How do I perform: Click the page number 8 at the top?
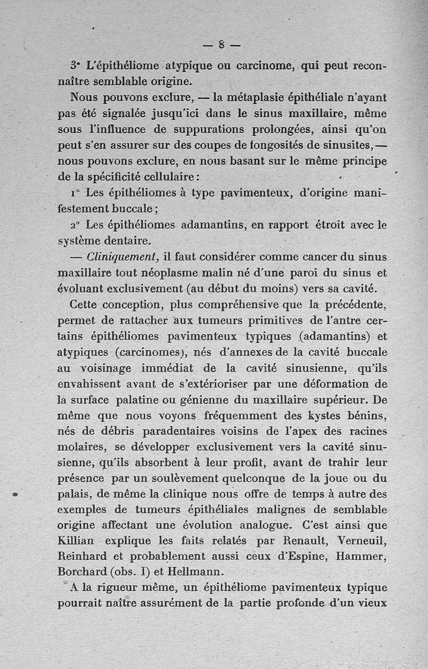(221, 45)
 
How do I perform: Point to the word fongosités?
(244, 145)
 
